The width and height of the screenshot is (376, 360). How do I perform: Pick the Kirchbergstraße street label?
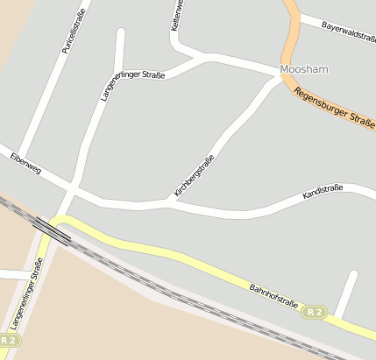tap(194, 175)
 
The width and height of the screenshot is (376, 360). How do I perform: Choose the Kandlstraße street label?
tap(322, 192)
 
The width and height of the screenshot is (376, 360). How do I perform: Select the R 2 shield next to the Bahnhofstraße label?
tap(314, 312)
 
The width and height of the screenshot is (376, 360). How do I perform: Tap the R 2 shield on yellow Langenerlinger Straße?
tap(10, 339)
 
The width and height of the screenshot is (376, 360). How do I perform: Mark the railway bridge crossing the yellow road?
tap(52, 229)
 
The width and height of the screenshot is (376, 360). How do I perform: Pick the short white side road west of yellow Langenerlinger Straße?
tap(13, 274)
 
